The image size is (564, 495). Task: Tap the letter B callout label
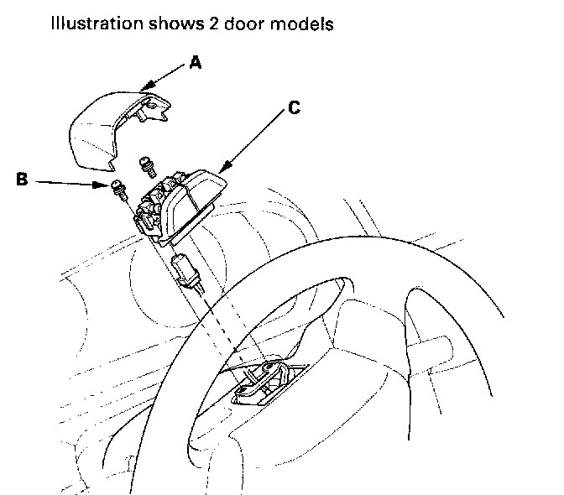pyautogui.click(x=23, y=179)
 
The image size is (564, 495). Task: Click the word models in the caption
pyautogui.click(x=310, y=23)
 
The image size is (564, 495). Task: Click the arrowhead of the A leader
pyautogui.click(x=144, y=86)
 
